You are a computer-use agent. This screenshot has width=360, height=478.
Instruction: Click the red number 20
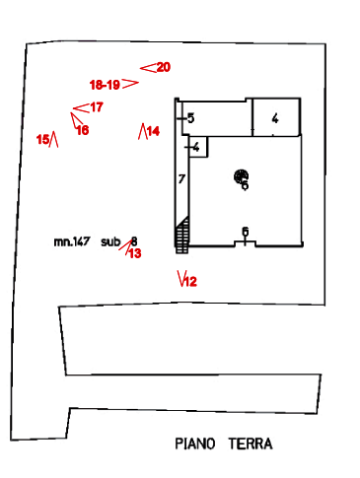click(164, 67)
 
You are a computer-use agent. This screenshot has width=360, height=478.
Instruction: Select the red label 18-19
click(105, 85)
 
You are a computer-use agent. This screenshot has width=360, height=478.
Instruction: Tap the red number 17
click(97, 107)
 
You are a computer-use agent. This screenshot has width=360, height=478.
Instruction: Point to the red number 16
click(83, 130)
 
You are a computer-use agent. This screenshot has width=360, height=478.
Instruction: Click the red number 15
click(42, 139)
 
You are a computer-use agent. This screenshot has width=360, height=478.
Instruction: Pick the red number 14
click(153, 131)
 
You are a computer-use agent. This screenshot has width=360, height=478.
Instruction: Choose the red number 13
click(135, 253)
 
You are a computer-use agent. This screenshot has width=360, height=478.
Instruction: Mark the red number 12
click(190, 282)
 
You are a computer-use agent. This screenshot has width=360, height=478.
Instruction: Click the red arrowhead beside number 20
click(148, 68)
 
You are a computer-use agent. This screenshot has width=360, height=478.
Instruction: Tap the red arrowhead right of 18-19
click(130, 84)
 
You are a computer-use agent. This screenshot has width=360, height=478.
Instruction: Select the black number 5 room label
click(190, 118)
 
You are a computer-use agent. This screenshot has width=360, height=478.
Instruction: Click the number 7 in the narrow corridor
click(181, 179)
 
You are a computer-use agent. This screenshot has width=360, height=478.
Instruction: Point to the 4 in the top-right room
click(275, 118)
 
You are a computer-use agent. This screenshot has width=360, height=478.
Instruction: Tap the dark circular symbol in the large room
click(241, 176)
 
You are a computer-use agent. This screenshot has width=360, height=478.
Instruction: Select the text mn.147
click(72, 241)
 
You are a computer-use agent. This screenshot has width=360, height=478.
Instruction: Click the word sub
click(110, 241)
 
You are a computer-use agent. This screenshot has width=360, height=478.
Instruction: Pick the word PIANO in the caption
click(195, 444)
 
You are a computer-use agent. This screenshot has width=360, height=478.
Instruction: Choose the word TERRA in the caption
click(251, 444)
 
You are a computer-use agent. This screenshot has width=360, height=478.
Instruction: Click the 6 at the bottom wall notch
click(246, 232)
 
